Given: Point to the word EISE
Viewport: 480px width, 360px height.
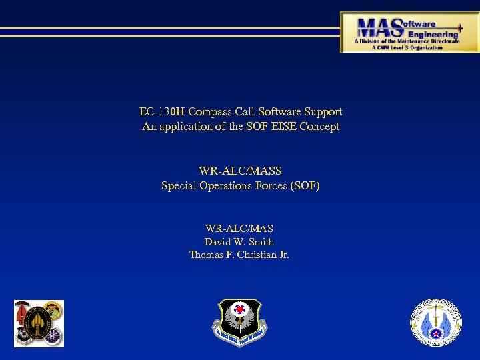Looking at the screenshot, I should [279, 126].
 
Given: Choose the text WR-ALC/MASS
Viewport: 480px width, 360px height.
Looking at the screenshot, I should [240, 171].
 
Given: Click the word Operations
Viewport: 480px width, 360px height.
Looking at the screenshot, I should [227, 185].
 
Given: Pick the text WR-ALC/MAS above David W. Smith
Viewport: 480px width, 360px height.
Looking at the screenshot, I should [239, 229].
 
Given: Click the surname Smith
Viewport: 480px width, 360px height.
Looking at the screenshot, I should [260, 242].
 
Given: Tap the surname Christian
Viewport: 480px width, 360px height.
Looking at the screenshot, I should [252, 255].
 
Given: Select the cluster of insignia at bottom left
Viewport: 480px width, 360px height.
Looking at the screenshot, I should [39, 323].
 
